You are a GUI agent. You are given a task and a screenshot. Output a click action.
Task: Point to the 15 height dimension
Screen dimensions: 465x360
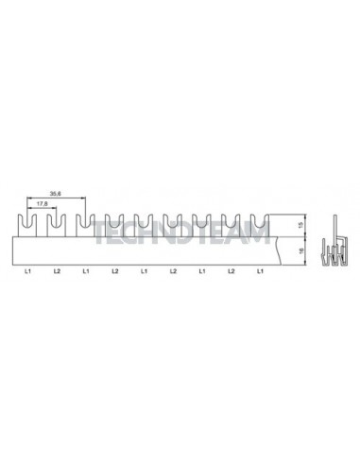point(298,225)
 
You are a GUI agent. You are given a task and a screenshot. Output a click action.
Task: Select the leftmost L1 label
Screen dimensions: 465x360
point(27,272)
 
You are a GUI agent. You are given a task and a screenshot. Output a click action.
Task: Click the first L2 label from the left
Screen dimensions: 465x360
point(57,272)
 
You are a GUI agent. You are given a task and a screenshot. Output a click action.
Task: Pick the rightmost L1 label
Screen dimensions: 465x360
point(260,272)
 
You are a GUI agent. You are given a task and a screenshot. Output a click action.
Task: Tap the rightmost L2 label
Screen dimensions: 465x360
point(231,272)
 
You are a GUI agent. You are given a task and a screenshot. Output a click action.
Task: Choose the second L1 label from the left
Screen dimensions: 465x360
point(86,272)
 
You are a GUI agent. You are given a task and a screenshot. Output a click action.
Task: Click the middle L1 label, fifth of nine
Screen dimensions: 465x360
point(144,272)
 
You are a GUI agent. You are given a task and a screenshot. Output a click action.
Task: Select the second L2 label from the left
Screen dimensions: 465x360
point(114,272)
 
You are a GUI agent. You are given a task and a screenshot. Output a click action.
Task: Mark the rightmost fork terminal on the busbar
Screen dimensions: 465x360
point(260,225)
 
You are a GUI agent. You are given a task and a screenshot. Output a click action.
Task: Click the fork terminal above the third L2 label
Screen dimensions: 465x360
point(173,225)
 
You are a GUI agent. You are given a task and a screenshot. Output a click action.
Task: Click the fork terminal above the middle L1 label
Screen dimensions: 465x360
point(144,225)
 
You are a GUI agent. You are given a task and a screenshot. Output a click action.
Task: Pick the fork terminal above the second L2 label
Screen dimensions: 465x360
point(114,225)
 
